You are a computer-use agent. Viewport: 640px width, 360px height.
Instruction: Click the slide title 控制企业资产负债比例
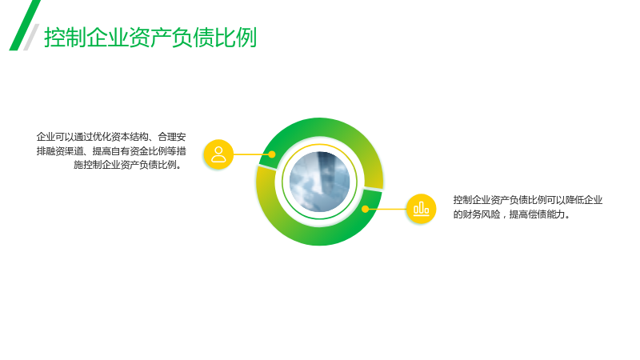click(150, 38)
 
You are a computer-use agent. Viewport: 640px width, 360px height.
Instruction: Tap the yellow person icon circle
click(218, 154)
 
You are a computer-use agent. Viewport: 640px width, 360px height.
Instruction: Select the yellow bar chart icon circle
click(422, 209)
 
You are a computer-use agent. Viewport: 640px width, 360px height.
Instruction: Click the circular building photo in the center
click(319, 182)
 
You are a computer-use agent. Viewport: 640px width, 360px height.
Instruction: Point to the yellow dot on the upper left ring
click(272, 154)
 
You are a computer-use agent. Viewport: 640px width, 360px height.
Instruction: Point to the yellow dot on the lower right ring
click(366, 209)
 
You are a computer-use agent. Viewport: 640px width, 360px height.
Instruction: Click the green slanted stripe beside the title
click(25, 26)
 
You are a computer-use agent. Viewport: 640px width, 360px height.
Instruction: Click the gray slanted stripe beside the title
click(31, 37)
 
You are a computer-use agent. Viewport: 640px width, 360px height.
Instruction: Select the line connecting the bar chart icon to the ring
click(388, 209)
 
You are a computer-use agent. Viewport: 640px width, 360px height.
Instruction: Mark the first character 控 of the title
click(54, 38)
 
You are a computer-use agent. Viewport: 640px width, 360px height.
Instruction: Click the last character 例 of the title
click(246, 38)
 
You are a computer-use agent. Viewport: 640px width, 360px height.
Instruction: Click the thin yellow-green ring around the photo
click(319, 145)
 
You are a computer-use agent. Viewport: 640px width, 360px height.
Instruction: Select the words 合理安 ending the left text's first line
click(172, 137)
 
